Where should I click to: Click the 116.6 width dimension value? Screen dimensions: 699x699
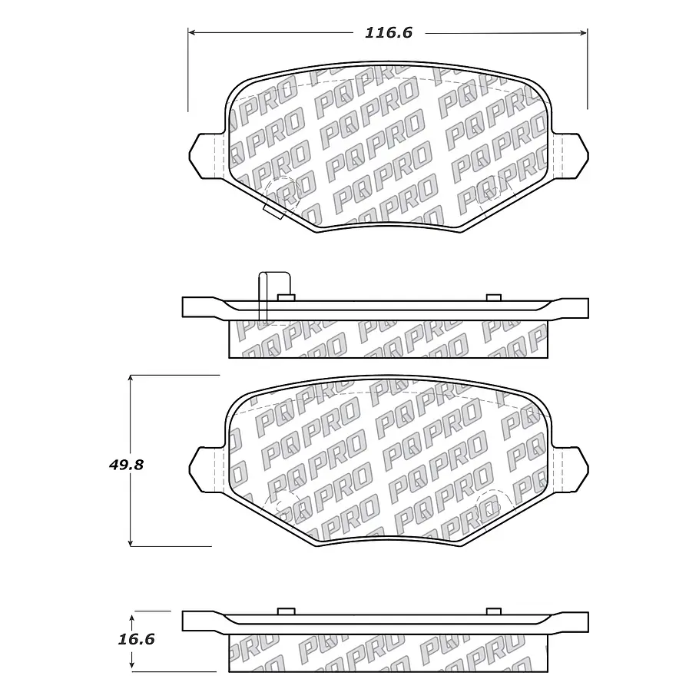coord(388,32)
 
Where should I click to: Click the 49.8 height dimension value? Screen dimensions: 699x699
coord(126,465)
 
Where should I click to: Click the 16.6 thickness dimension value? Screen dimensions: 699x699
coord(136,639)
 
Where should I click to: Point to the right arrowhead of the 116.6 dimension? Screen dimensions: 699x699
coord(583,32)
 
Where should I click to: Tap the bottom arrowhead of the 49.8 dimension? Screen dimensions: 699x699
coord(130,542)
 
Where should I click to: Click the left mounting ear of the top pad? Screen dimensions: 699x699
coord(205,156)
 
